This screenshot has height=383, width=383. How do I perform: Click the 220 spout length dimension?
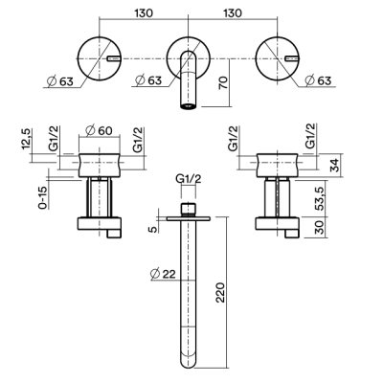pyautogui.click(x=221, y=292)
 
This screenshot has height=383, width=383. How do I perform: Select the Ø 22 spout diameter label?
pyautogui.click(x=163, y=274)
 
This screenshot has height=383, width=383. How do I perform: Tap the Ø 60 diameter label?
pyautogui.click(x=100, y=130)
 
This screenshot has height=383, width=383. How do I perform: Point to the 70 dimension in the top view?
pyautogui.click(x=224, y=83)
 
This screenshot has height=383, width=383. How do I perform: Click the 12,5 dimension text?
pyautogui.click(x=26, y=138)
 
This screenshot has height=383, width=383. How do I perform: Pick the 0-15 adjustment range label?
pyautogui.click(x=43, y=197)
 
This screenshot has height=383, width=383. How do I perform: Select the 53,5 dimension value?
pyautogui.click(x=320, y=198)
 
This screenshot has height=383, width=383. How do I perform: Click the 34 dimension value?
pyautogui.click(x=335, y=165)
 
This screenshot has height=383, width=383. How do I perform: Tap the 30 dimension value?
pyautogui.click(x=320, y=227)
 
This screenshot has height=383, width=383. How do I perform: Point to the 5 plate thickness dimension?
pyautogui.click(x=154, y=229)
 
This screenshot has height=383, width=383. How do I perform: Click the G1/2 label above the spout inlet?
pyautogui.click(x=189, y=179)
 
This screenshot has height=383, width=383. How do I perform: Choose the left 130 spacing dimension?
pyautogui.click(x=144, y=13)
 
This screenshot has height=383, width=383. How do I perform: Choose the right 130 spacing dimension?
pyautogui.click(x=232, y=13)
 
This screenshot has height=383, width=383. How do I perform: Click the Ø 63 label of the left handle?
pyautogui.click(x=59, y=81)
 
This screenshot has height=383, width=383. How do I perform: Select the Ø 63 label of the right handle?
pyautogui.click(x=318, y=80)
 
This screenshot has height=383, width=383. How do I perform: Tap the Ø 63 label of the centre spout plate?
pyautogui.click(x=148, y=80)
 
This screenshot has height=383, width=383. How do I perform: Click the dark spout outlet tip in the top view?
pyautogui.click(x=189, y=106)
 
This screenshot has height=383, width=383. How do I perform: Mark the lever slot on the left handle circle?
pyautogui.click(x=114, y=58)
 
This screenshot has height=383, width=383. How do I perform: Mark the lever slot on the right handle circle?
pyautogui.click(x=292, y=58)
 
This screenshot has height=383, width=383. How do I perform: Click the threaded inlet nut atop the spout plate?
pyautogui.click(x=189, y=210)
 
